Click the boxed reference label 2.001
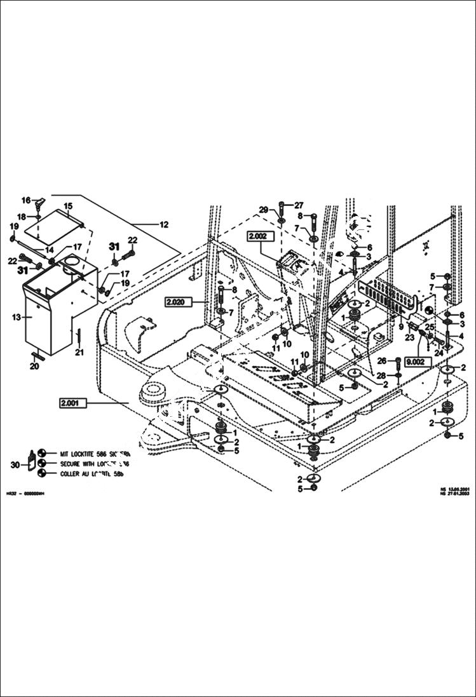point(72,403)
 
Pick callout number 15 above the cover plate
point(68,206)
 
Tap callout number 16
point(26,200)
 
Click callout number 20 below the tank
point(34,366)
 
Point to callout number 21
point(79,353)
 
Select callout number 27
point(299,205)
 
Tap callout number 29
point(263,210)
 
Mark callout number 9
point(401,327)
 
